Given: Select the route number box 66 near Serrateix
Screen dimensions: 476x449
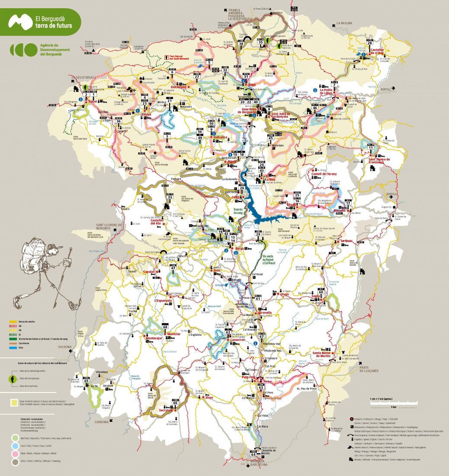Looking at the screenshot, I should (x=175, y=402).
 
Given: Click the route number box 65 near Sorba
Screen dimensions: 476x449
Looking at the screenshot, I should (x=86, y=380).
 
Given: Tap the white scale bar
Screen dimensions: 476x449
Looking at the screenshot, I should (x=393, y=403).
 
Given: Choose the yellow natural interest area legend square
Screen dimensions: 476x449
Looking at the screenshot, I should (x=14, y=402).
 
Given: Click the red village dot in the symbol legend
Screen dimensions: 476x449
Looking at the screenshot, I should (x=350, y=420).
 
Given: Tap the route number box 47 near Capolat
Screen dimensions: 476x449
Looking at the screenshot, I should (x=173, y=268).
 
